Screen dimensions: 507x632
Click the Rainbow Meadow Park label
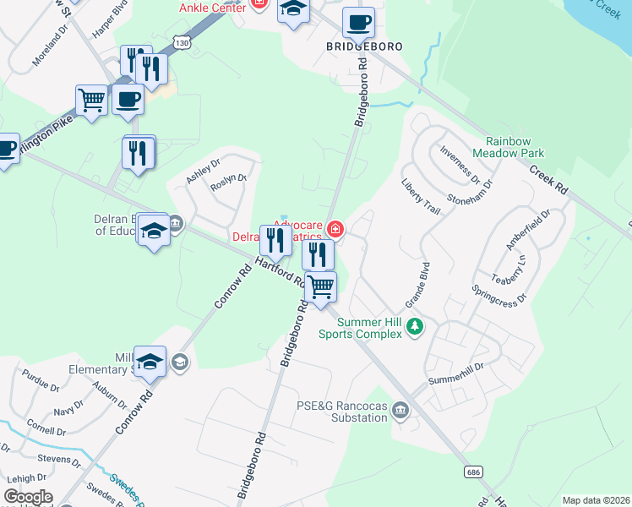pos(515,147)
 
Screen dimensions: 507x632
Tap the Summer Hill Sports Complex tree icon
pos(414,325)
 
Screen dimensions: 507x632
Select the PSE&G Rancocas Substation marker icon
pos(400,412)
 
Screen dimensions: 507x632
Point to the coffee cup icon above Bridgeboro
pos(358,22)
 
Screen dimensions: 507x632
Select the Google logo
pos(28,497)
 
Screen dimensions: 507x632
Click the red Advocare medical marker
pos(335,229)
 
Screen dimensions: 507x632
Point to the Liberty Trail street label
pos(421,195)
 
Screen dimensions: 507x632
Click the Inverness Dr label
pos(460,166)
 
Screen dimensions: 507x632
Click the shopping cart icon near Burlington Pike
pos(91,100)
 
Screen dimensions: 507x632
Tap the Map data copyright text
pos(596,500)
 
